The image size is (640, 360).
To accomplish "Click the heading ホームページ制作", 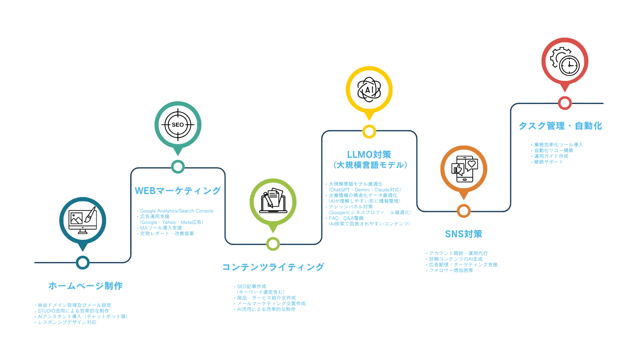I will pos(86,286).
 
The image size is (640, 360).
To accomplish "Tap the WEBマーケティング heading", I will pos(178,191).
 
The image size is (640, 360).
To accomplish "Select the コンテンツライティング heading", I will pos(273,267).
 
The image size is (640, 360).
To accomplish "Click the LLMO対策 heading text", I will pos(369,154).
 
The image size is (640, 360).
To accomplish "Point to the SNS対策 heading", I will pos(463,234).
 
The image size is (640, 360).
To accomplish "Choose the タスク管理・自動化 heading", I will pos(560,126).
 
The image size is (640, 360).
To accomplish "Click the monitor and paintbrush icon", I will pos(83,220).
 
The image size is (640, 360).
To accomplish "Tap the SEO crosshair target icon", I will pos(178,125).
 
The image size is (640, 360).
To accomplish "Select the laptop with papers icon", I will pos(273,202).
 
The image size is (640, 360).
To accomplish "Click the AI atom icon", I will pos(369,89).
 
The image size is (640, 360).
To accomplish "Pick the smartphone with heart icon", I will pos(463,170).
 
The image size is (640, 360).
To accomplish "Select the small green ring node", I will pos(273,244).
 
